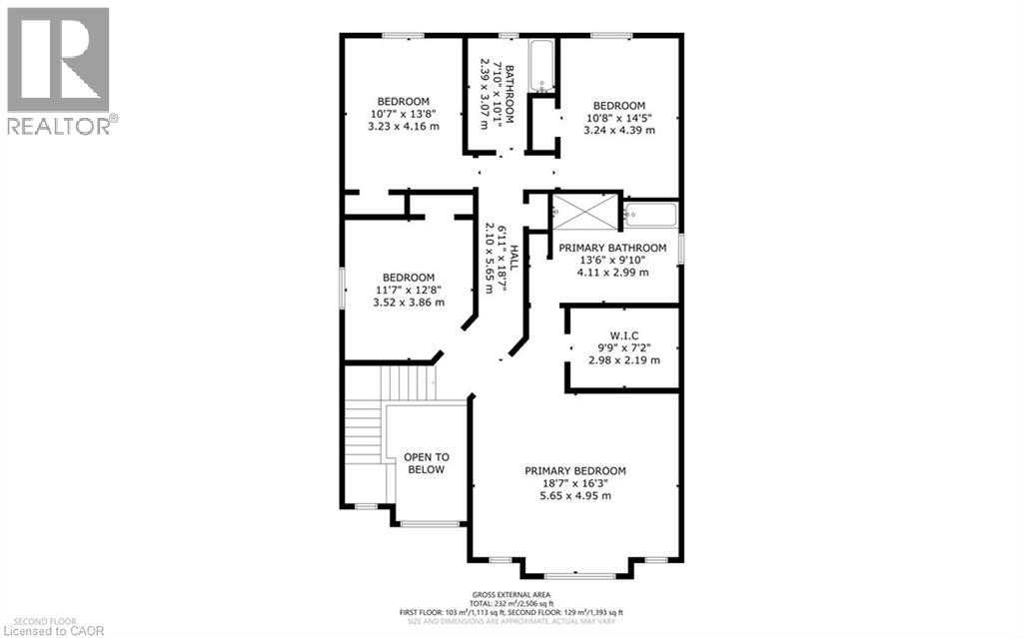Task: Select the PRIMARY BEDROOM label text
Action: (575, 470)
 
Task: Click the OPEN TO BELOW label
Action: (426, 463)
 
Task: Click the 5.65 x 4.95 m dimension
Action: (575, 495)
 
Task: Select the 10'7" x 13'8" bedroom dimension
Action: (403, 114)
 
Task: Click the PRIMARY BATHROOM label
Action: (612, 248)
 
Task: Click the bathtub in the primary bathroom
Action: (650, 214)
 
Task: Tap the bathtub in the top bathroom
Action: (541, 67)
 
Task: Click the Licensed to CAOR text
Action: (46, 629)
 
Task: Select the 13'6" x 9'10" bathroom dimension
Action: (612, 260)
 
